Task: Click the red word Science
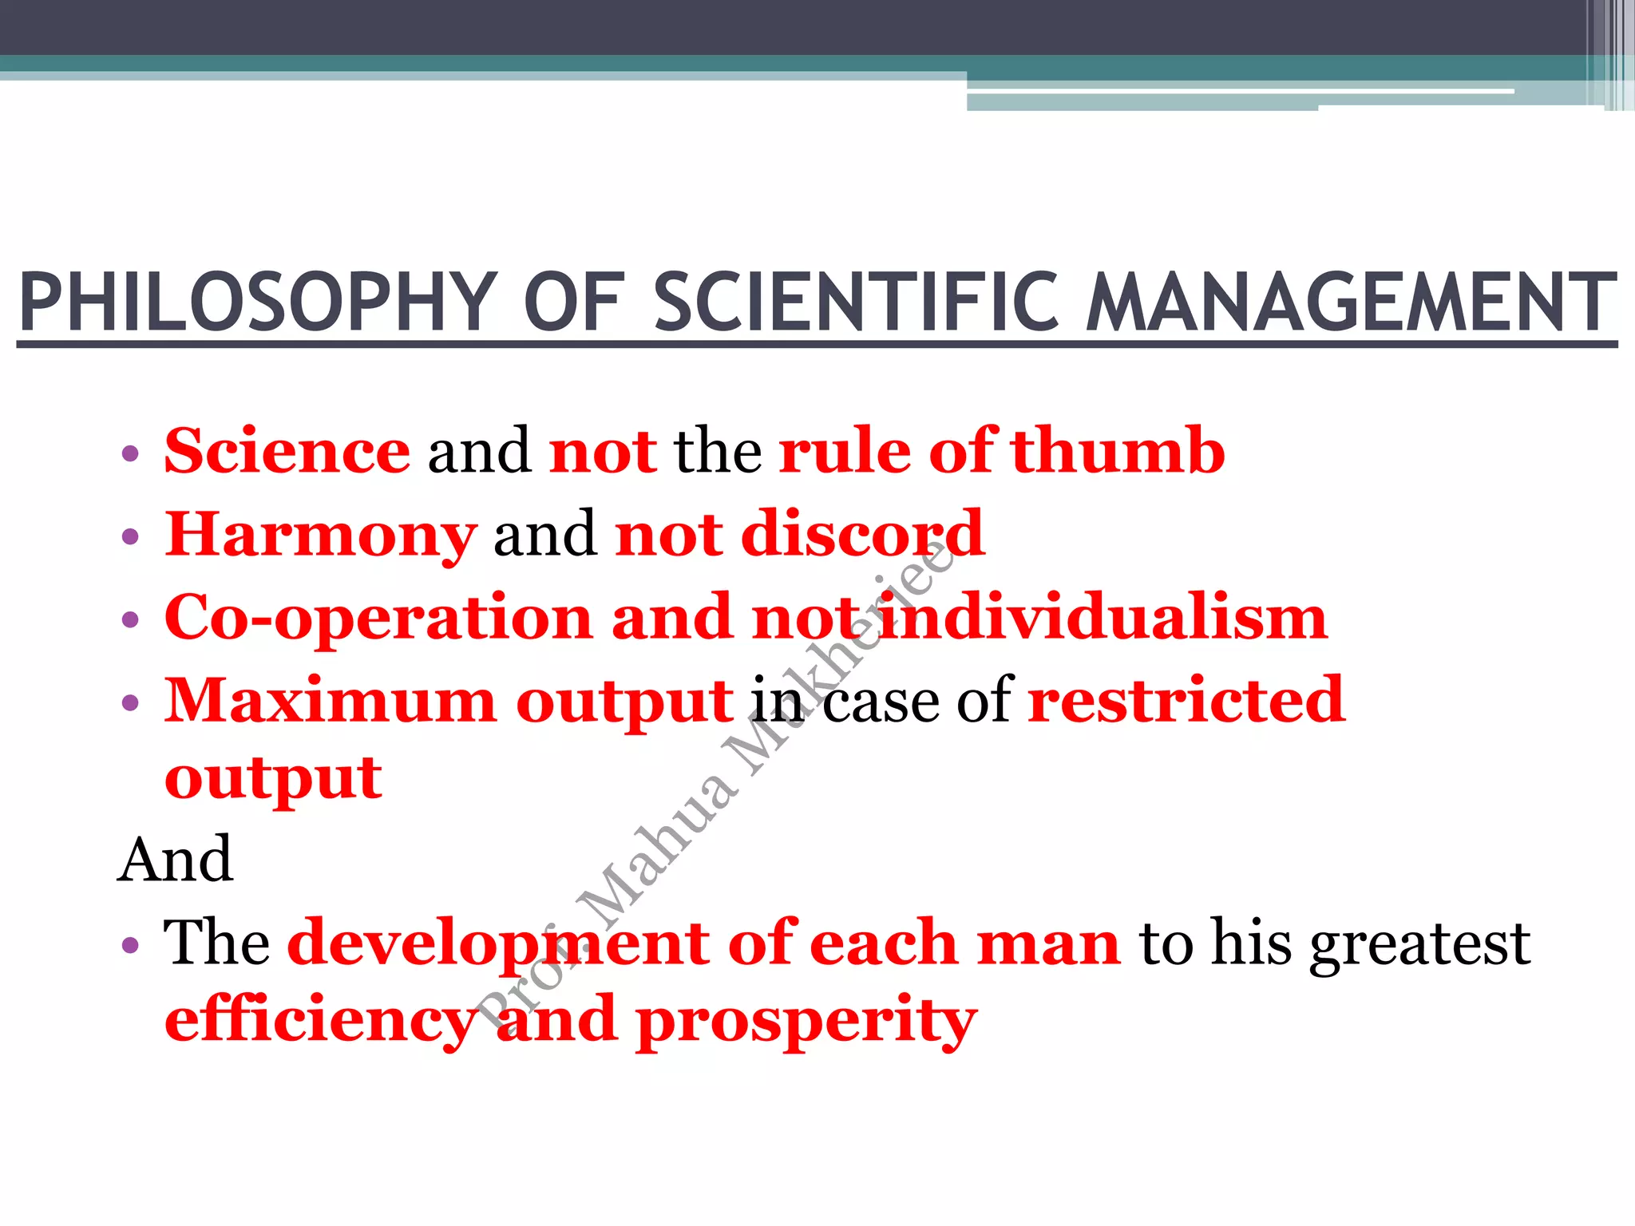[x=287, y=452]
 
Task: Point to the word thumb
[x=1118, y=452]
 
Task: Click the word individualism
[x=1102, y=619]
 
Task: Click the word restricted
[x=1186, y=702]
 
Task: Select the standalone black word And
[x=176, y=860]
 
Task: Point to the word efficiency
[x=319, y=1022]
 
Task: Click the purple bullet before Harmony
[x=130, y=536]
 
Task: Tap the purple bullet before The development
[x=130, y=947]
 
